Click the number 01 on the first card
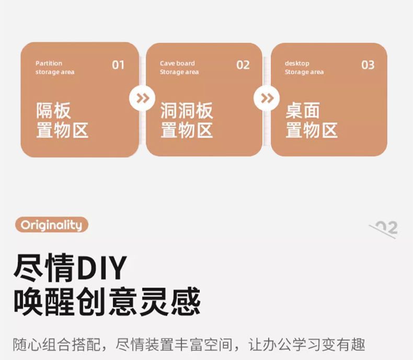pos(118,65)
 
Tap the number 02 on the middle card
pos(243,65)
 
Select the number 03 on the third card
pos(368,65)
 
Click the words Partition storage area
pos(55,67)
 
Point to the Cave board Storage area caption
pos(179,67)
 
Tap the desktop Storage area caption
pos(304,67)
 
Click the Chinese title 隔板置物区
pos(62,121)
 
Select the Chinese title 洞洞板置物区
pos(187,121)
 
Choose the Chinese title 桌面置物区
pos(312,121)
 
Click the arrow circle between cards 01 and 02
pos(142,98)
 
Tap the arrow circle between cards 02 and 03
pos(267,98)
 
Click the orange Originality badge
pos(51,225)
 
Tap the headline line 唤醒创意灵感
pos(107,301)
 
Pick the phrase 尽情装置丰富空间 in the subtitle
pos(177,345)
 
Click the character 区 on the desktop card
pos(330,130)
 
